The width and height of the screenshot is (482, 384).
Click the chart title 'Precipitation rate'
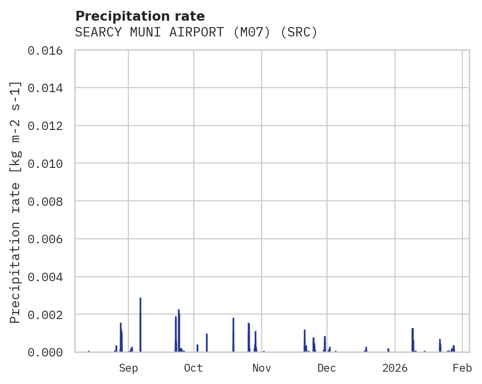pos(140,16)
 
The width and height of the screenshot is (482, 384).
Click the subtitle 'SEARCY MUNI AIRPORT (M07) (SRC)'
pos(196,32)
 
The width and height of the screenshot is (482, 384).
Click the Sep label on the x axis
pos(128,368)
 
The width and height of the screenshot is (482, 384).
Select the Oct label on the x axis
pos(193,368)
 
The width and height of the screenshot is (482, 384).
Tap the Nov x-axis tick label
pos(261,368)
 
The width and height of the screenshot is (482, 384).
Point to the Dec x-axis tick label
pos(327,368)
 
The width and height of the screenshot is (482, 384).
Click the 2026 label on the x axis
pos(395,368)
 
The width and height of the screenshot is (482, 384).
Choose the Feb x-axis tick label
pos(462,368)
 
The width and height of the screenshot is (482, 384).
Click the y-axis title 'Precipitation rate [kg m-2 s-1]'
pos(16,202)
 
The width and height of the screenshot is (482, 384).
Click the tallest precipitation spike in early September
pos(140,298)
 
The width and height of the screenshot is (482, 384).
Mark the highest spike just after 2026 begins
pos(413,329)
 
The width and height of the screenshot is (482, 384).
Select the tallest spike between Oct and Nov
pos(233,319)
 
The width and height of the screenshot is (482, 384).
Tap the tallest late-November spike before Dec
pos(304,330)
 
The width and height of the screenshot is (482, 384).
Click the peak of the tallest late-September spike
pos(179,310)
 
